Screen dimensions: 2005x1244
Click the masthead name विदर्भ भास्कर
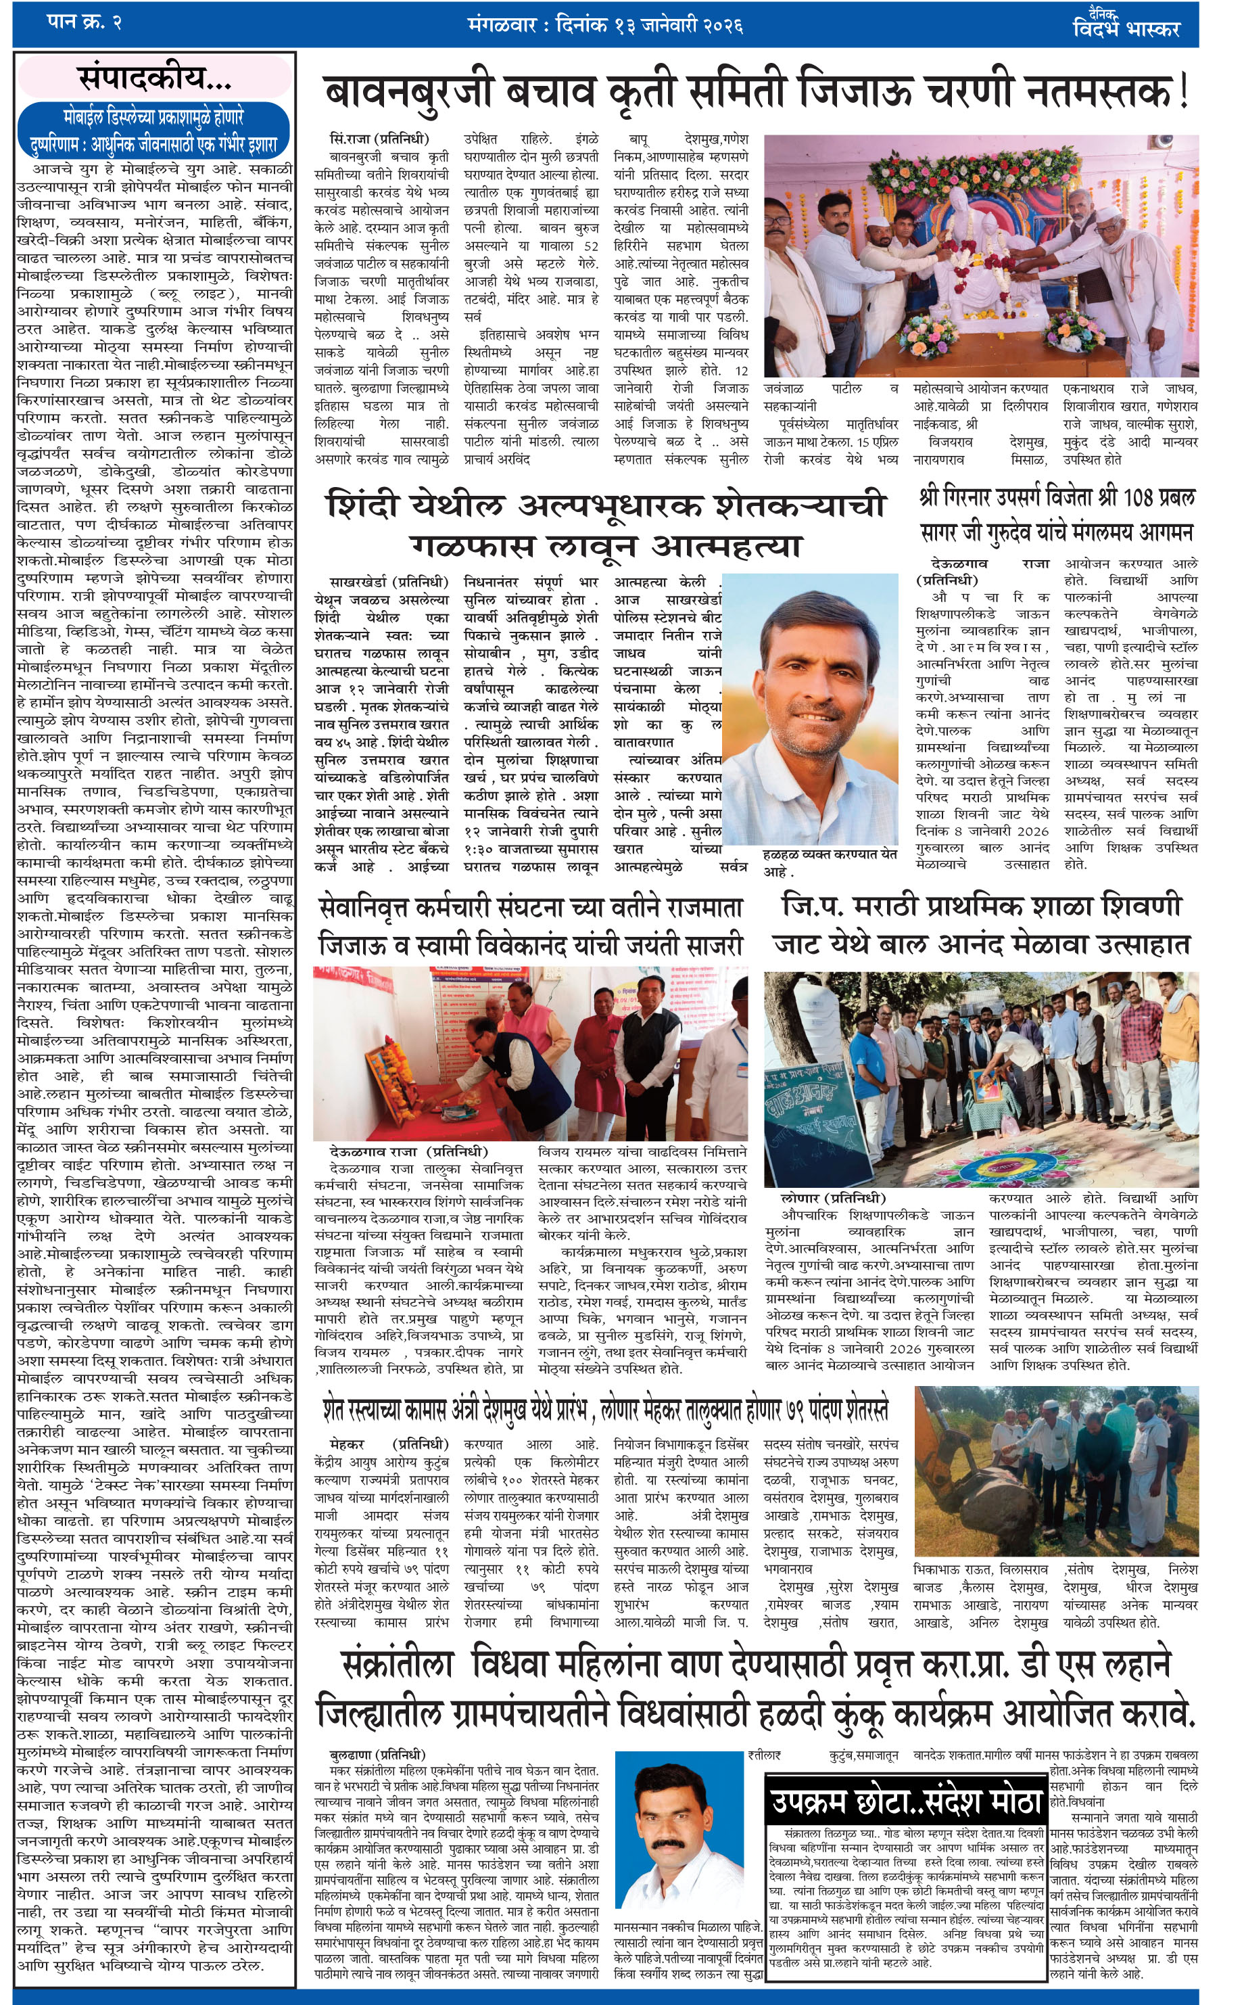pos(1126,27)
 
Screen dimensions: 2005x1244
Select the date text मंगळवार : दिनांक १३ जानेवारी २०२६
pos(604,25)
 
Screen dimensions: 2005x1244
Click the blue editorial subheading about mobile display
pos(155,131)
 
